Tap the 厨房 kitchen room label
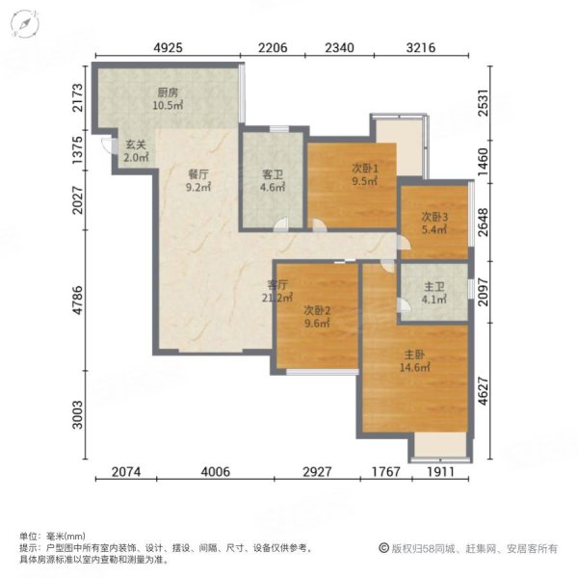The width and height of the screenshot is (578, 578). [169, 93]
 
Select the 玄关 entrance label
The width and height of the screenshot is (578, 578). [135, 146]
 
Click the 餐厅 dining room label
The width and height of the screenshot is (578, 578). [198, 174]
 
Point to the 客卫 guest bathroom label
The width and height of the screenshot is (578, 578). [273, 174]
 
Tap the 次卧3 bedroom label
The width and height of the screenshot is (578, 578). [434, 217]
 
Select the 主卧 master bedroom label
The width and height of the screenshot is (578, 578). [414, 367]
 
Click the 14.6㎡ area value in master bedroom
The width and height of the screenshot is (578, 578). [414, 380]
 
